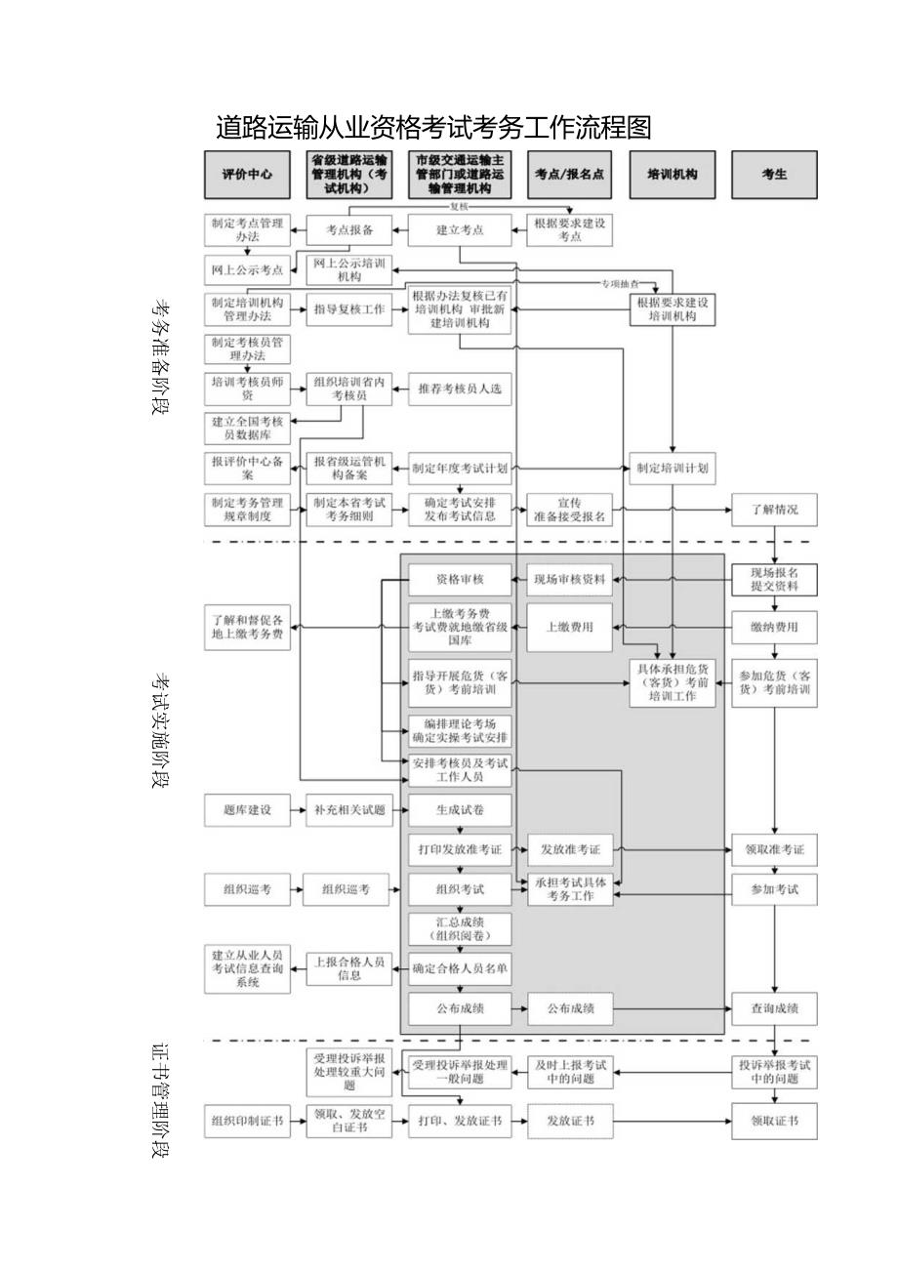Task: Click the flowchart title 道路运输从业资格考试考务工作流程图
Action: (x=432, y=128)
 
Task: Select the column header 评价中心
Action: (x=247, y=175)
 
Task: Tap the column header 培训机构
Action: (x=673, y=175)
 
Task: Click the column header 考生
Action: (x=774, y=175)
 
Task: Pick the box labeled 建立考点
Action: (x=460, y=231)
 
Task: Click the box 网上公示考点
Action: (x=247, y=269)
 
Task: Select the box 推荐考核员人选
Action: (x=460, y=389)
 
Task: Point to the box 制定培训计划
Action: (x=673, y=469)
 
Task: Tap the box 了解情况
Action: (x=774, y=510)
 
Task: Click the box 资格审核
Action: (x=460, y=579)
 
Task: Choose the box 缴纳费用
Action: (x=774, y=628)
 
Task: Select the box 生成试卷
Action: (x=460, y=810)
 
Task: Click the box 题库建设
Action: (x=247, y=810)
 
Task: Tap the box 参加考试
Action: (x=774, y=890)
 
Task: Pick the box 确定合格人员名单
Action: (x=460, y=968)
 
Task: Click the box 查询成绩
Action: (x=774, y=1008)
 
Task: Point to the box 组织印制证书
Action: (x=247, y=1122)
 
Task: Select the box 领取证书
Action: (x=774, y=1122)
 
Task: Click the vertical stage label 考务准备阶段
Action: (x=160, y=356)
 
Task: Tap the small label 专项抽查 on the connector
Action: (x=618, y=283)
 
